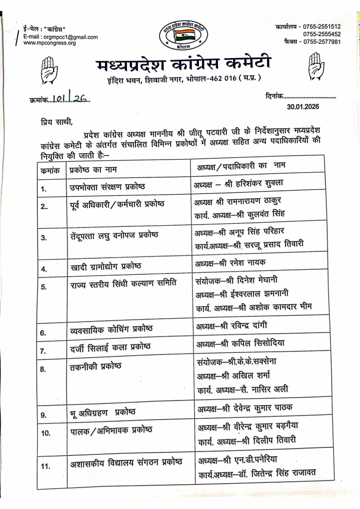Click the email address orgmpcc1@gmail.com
71,37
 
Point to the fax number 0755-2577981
321,42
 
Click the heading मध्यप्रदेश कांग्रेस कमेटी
182,65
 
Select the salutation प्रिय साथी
57,121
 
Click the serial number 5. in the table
44,287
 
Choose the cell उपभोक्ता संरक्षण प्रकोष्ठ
107,187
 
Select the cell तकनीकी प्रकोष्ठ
95,366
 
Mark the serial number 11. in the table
46,466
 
